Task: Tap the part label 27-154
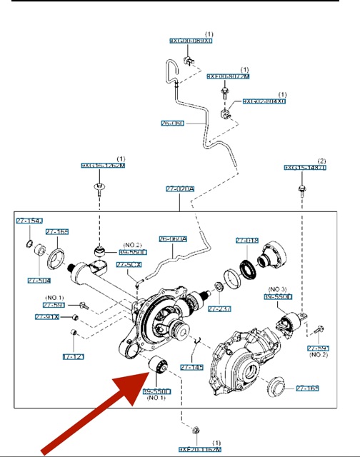29,222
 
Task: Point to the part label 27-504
39,281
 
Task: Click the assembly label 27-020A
181,189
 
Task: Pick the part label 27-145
191,367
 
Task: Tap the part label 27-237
219,308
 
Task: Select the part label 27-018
246,241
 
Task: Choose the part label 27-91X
47,316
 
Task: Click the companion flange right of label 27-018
273,253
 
